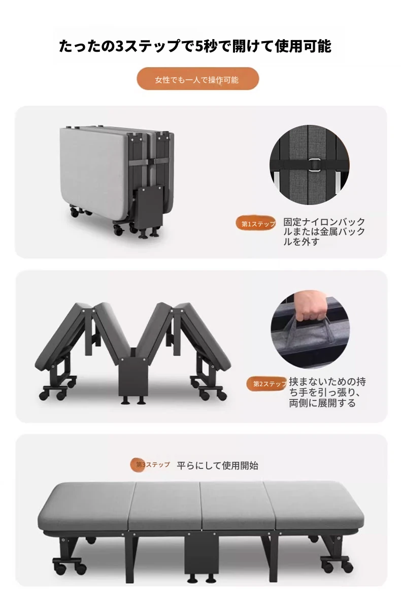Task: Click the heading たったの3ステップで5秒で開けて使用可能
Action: pyautogui.click(x=195, y=46)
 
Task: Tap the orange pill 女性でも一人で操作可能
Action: pyautogui.click(x=197, y=79)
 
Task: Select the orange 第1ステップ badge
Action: pyautogui.click(x=255, y=223)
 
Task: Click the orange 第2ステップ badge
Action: pyautogui.click(x=266, y=384)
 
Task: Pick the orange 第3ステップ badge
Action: pyautogui.click(x=150, y=464)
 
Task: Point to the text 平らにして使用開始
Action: pyautogui.click(x=217, y=465)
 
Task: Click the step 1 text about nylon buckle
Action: pyautogui.click(x=324, y=231)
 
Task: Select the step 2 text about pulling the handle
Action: pyautogui.click(x=327, y=392)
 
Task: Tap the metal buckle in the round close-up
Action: pyautogui.click(x=314, y=165)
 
